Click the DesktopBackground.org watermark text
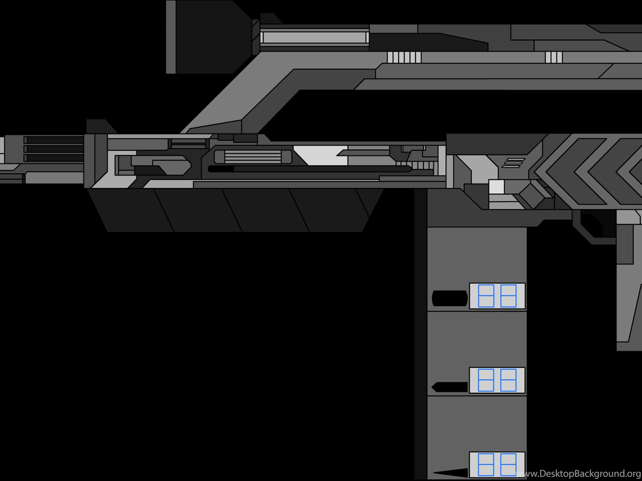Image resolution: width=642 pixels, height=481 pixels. pyautogui.click(x=578, y=474)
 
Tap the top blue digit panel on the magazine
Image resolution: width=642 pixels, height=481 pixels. pyautogui.click(x=497, y=296)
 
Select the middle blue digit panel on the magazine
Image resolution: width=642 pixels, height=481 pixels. pyautogui.click(x=497, y=380)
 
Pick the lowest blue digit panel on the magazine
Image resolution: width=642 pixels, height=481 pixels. pyautogui.click(x=497, y=464)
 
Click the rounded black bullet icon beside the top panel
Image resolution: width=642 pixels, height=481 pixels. pyautogui.click(x=449, y=299)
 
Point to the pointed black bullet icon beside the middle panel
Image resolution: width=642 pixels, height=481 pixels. pyautogui.click(x=449, y=387)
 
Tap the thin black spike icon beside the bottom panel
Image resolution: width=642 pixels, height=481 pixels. pyautogui.click(x=451, y=473)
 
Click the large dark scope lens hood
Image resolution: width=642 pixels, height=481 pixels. pyautogui.click(x=209, y=37)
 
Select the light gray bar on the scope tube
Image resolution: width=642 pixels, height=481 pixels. pyautogui.click(x=315, y=38)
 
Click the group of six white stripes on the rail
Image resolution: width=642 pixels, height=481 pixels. pyautogui.click(x=404, y=57)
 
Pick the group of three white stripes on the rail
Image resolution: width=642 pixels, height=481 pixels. pyautogui.click(x=554, y=57)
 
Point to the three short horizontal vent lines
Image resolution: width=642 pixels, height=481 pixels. pyautogui.click(x=513, y=163)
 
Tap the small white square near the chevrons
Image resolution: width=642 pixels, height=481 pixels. pyautogui.click(x=496, y=187)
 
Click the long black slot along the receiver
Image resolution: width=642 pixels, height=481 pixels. pyautogui.click(x=309, y=169)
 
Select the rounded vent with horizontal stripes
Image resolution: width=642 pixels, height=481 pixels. pyautogui.click(x=253, y=157)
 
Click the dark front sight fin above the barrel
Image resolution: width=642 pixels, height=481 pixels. pyautogui.click(x=100, y=126)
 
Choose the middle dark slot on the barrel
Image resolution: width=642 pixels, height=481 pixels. pyautogui.click(x=53, y=149)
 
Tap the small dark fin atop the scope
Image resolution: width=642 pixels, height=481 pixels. pyautogui.click(x=271, y=18)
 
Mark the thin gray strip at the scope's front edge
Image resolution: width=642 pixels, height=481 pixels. pyautogui.click(x=171, y=37)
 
